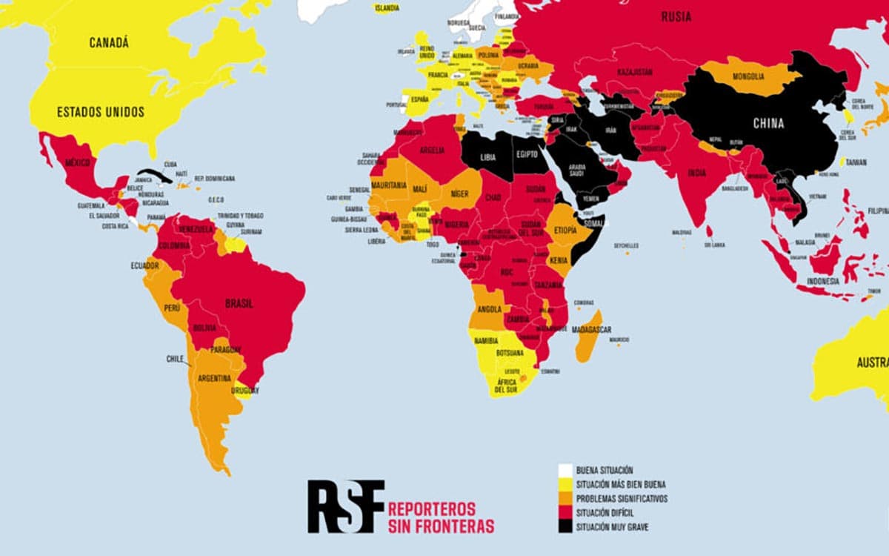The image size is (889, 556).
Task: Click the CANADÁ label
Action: (109, 43)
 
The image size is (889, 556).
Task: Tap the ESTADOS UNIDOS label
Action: (101, 112)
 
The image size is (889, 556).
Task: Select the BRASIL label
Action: (239, 303)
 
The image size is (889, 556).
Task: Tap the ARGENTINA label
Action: (214, 378)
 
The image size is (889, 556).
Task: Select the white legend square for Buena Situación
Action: (565, 470)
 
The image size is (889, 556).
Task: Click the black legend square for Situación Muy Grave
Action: (565, 527)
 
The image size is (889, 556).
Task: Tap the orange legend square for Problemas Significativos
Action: (565, 499)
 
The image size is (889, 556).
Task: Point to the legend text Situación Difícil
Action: (605, 513)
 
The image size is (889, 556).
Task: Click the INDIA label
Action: (696, 173)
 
